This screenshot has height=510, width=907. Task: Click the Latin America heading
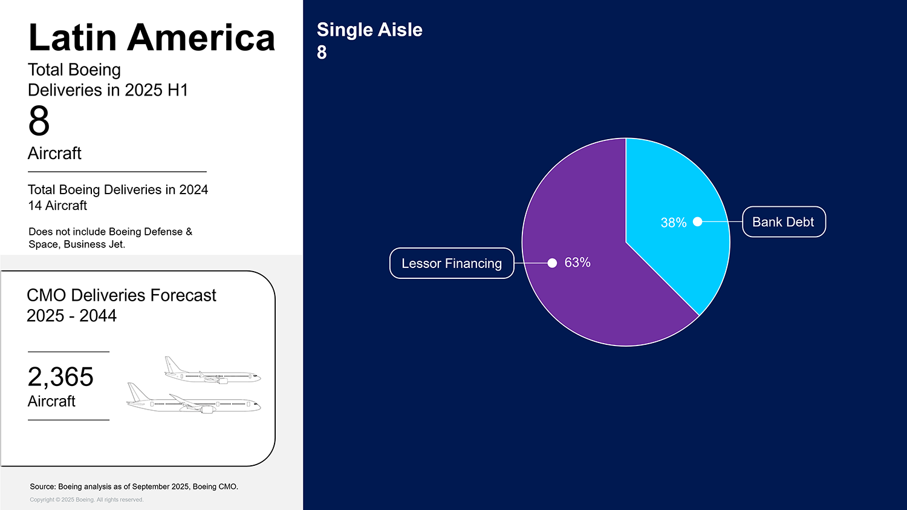tap(151, 38)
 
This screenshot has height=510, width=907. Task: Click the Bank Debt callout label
tap(783, 222)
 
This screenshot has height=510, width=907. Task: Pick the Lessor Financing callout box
tap(451, 263)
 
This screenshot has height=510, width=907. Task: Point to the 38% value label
tap(673, 223)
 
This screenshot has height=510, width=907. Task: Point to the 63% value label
tap(577, 263)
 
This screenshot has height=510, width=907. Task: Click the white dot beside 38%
tap(697, 222)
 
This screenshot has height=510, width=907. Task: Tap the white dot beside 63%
tap(552, 263)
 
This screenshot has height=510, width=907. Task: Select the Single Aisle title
tap(369, 30)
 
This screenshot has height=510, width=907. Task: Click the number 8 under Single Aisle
tap(322, 53)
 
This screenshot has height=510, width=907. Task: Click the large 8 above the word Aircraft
tap(39, 121)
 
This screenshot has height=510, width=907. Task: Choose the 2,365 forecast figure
tap(60, 377)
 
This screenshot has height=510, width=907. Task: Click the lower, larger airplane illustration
tap(193, 400)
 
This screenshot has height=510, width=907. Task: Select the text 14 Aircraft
tap(57, 206)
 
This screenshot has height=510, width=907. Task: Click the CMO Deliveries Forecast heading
tap(121, 295)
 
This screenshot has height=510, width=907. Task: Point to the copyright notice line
tap(86, 500)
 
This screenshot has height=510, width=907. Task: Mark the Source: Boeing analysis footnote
tap(134, 486)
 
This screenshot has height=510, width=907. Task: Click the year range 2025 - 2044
tap(71, 316)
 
